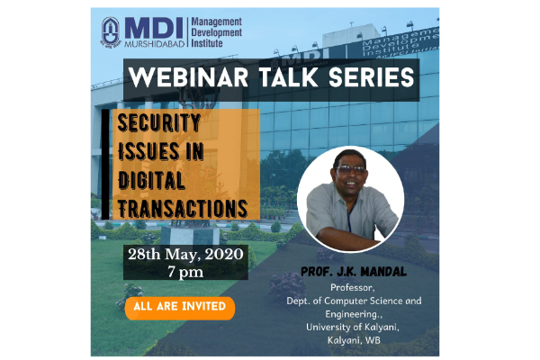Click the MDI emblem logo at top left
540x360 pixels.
pos(111,32)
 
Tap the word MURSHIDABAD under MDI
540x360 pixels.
pos(154,44)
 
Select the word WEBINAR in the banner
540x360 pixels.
pos(188,77)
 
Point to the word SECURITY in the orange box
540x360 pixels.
pos(159,123)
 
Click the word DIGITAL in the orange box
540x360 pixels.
pos(151,180)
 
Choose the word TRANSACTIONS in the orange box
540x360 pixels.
pos(183,209)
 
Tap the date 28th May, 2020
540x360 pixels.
pos(185,254)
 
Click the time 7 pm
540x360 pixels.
pos(185,272)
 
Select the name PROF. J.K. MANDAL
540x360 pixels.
pos(354,272)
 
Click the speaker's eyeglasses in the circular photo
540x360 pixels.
pos(350,169)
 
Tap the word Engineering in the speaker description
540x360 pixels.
pos(352,314)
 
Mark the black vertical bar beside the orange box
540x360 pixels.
pos(105,165)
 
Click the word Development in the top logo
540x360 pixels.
pos(217,32)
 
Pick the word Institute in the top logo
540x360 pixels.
pos(207,43)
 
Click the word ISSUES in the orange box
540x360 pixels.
pos(148,151)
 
